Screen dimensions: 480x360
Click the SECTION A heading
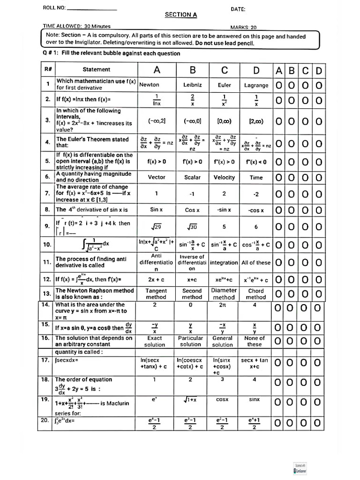coord(181,15)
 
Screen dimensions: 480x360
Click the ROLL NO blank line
coord(92,8)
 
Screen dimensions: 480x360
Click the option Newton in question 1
coord(149,85)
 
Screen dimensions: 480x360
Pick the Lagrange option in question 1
coord(256,85)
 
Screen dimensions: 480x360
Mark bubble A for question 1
coord(279,85)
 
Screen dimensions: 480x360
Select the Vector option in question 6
coord(156,177)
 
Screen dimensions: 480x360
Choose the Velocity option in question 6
coord(224,177)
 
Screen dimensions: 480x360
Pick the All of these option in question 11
coord(256,263)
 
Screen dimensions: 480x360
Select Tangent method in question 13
coord(156,294)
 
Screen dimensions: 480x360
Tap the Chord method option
coord(256,294)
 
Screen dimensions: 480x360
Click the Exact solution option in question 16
coord(155,341)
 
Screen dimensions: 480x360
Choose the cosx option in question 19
coord(222,399)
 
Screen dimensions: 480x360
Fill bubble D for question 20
coord(319,424)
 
